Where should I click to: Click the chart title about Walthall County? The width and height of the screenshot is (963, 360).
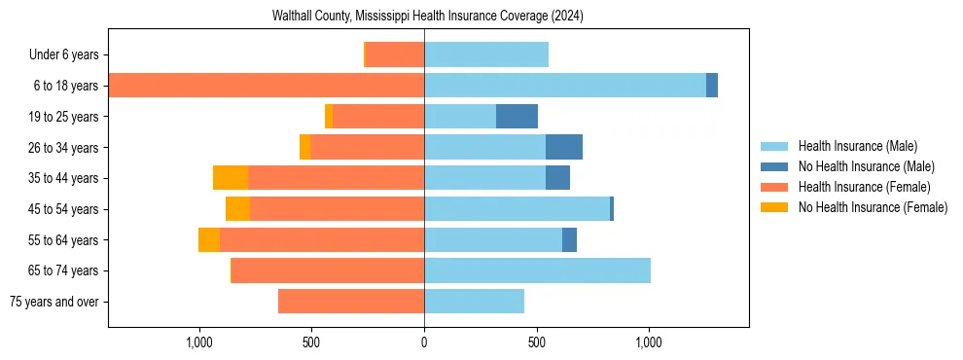(428, 17)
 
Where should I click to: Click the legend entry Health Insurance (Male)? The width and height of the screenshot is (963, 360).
(857, 146)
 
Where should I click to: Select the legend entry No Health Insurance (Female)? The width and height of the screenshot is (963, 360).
(873, 207)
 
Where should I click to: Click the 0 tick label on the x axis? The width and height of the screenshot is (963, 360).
(424, 342)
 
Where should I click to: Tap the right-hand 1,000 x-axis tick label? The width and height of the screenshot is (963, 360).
(649, 342)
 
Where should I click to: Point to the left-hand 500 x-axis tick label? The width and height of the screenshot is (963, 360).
(311, 342)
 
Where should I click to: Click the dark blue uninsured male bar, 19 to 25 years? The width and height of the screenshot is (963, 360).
(517, 117)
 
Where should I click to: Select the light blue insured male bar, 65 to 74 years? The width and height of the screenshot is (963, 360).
(537, 270)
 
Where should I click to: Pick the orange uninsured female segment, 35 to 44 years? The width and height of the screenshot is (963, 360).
(231, 178)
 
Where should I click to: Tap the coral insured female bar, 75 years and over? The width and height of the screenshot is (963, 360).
(351, 302)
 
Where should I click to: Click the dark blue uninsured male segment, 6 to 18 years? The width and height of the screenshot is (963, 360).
(712, 86)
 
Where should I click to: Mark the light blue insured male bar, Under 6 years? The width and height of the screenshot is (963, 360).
(486, 55)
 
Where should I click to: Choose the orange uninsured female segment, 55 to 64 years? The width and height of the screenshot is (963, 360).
(209, 240)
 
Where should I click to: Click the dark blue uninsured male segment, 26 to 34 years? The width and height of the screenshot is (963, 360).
(564, 148)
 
